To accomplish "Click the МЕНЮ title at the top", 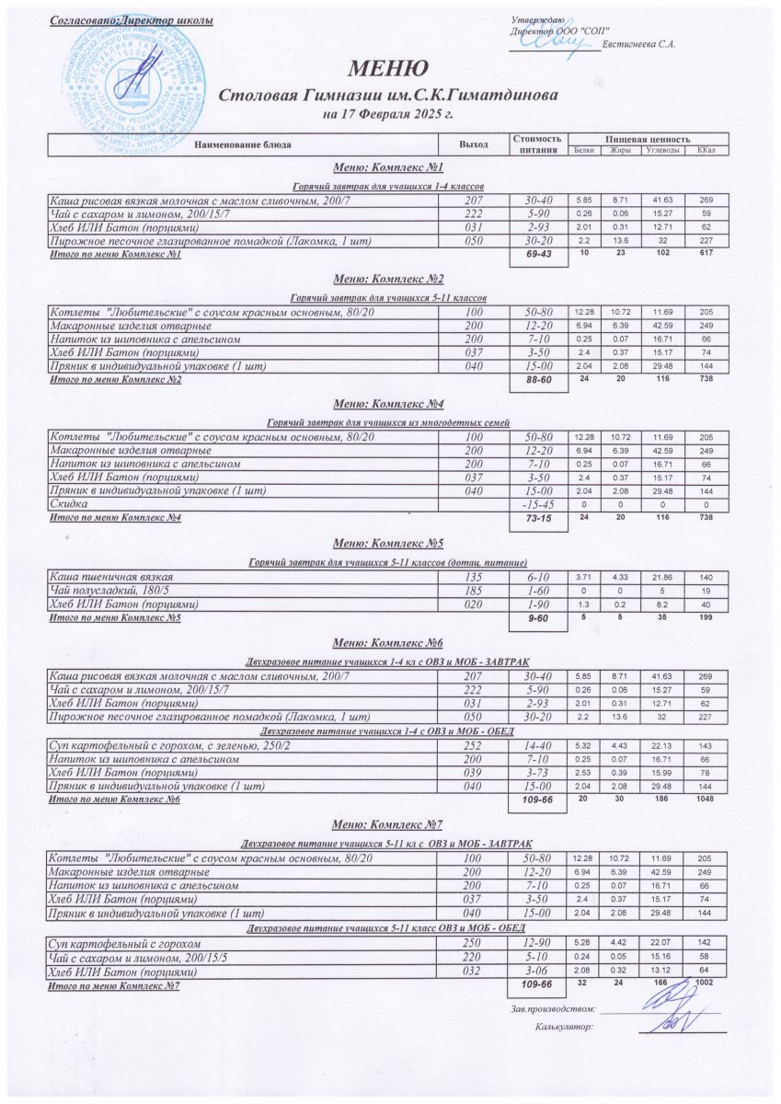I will pyautogui.click(x=387, y=68).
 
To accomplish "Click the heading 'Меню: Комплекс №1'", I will pyautogui.click(x=387, y=167).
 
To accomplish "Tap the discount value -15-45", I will pyautogui.click(x=538, y=504).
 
